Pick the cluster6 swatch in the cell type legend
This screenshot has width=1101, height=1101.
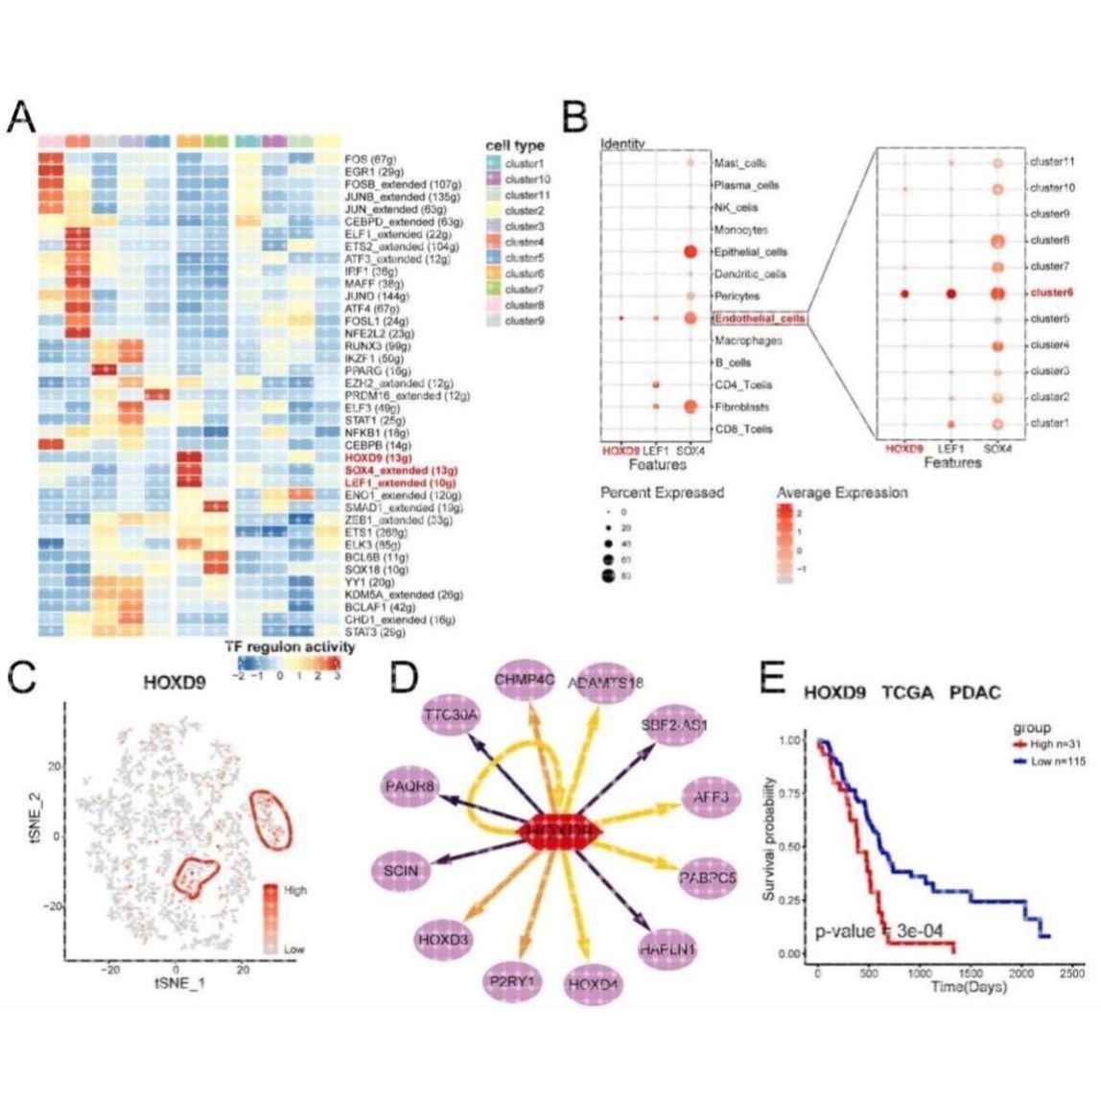point(494,273)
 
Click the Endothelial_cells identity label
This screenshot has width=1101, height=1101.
point(758,317)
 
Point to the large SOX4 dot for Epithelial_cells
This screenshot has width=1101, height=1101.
point(689,251)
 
